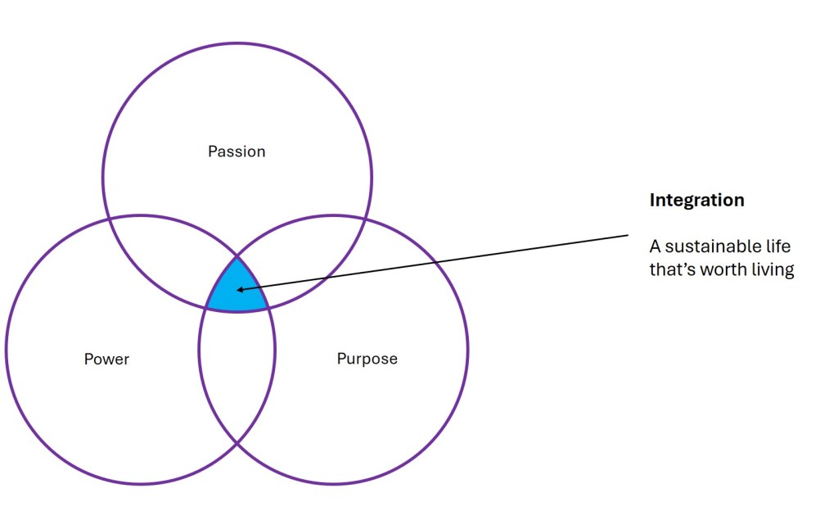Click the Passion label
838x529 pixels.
[x=237, y=151]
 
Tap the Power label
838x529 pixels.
[x=106, y=359]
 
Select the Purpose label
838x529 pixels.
[x=367, y=359]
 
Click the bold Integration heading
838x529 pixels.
[x=696, y=200]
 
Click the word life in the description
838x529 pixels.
[x=779, y=246]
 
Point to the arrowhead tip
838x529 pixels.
[x=237, y=290]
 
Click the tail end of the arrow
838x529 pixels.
[x=628, y=236]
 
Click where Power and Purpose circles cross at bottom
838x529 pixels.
[x=237, y=443]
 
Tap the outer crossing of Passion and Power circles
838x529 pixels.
[x=110, y=219]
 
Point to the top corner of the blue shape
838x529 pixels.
[x=237, y=256]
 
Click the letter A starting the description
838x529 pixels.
[x=655, y=246]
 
